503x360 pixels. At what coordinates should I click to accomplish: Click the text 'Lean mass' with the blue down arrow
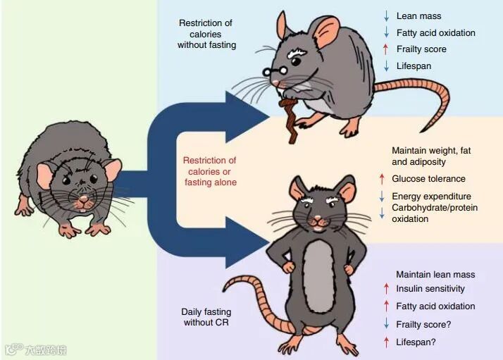click(x=418, y=15)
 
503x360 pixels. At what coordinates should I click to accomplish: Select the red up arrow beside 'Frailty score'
click(x=385, y=49)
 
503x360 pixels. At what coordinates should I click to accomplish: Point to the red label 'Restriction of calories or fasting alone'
click(x=210, y=171)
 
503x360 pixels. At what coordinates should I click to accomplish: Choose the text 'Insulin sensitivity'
click(x=430, y=289)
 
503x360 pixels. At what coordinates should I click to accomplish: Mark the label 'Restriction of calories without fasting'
click(x=206, y=34)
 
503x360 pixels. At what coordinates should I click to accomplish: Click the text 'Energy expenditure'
click(x=431, y=196)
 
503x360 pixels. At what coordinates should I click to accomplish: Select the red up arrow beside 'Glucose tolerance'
click(x=382, y=179)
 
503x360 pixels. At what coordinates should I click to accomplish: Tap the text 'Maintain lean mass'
click(x=435, y=274)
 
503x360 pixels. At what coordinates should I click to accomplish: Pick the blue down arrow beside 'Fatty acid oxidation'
click(x=385, y=32)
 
